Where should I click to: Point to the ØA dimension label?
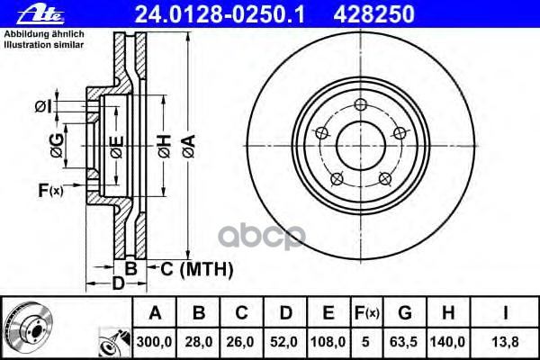(187, 145)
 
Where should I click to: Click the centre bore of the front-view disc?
(360, 143)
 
